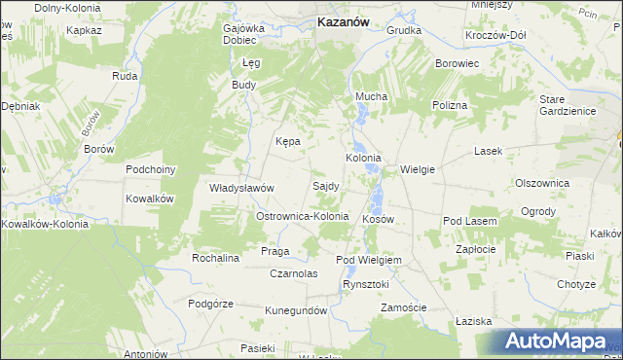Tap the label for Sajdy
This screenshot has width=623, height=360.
(x=325, y=185)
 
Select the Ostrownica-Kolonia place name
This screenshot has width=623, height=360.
(x=302, y=215)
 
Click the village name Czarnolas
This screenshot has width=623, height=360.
(x=295, y=273)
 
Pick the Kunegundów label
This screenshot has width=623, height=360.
(x=296, y=310)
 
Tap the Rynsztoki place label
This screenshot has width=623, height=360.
(x=365, y=284)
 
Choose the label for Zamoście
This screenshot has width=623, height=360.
(x=404, y=307)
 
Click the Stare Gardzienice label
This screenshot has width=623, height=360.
(x=566, y=104)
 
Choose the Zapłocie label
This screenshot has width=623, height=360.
(x=478, y=249)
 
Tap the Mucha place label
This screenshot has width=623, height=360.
(x=371, y=96)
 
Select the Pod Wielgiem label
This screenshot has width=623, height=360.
(x=369, y=261)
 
